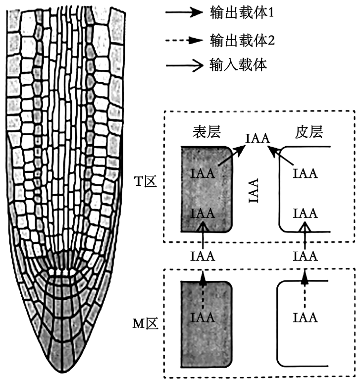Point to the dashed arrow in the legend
click(x=185, y=39)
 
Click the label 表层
click(x=206, y=131)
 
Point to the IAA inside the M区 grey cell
click(x=202, y=317)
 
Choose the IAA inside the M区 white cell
click(x=305, y=317)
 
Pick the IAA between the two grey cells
click(x=202, y=256)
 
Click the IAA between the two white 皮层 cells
click(x=305, y=256)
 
